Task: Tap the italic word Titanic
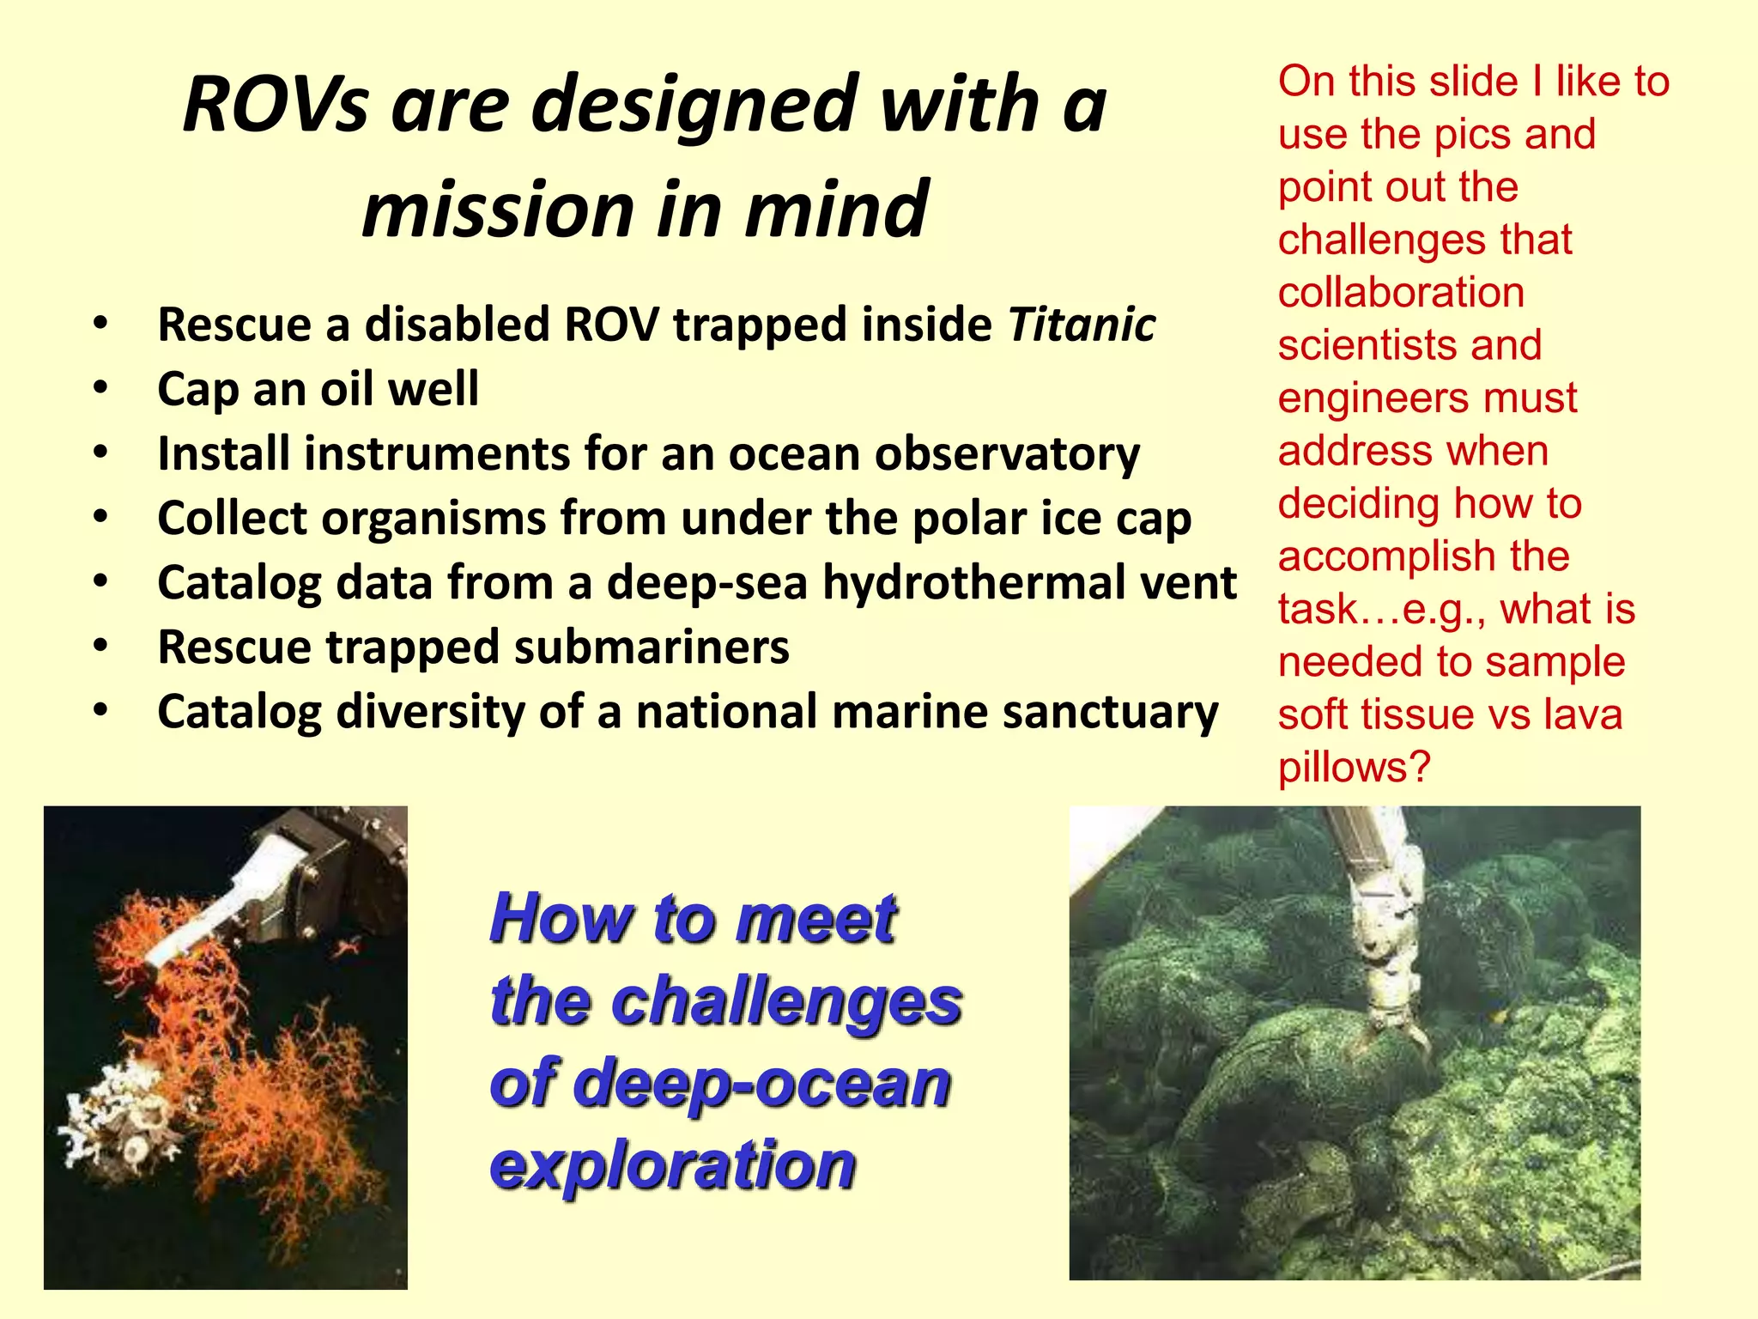click(x=1082, y=325)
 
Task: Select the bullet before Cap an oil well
click(x=101, y=388)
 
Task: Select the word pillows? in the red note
click(x=1354, y=767)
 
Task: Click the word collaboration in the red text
click(x=1400, y=292)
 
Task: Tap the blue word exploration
click(x=672, y=1165)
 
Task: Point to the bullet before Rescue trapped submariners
click(x=101, y=646)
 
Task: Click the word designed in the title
click(x=694, y=106)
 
